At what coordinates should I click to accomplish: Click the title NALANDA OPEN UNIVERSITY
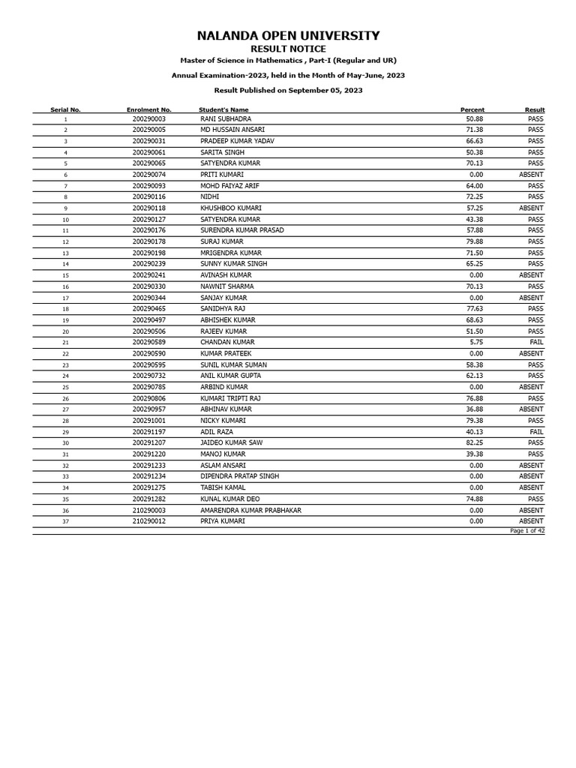click(288, 36)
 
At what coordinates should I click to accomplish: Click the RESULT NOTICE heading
click(288, 49)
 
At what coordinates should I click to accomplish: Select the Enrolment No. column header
click(148, 110)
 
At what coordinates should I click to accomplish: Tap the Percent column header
click(472, 110)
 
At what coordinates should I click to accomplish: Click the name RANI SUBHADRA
click(226, 119)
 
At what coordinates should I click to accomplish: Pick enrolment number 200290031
click(148, 141)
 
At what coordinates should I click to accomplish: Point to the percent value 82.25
click(474, 443)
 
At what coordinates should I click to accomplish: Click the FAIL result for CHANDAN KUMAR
click(536, 343)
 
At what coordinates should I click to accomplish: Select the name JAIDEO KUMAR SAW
click(231, 443)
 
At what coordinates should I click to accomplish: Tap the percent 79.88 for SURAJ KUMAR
click(474, 242)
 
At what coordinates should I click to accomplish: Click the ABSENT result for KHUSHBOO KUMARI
click(531, 208)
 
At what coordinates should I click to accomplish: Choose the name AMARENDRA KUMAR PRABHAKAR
click(250, 511)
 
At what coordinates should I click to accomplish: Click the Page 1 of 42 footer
click(527, 531)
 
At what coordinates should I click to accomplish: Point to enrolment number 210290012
click(148, 521)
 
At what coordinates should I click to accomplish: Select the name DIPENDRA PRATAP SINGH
click(239, 476)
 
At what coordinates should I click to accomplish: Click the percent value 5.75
click(476, 343)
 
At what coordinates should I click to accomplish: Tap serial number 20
click(65, 331)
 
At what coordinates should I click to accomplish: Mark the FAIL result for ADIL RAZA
click(536, 432)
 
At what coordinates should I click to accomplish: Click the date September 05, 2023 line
click(288, 90)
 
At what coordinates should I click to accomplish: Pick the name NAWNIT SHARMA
click(226, 286)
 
